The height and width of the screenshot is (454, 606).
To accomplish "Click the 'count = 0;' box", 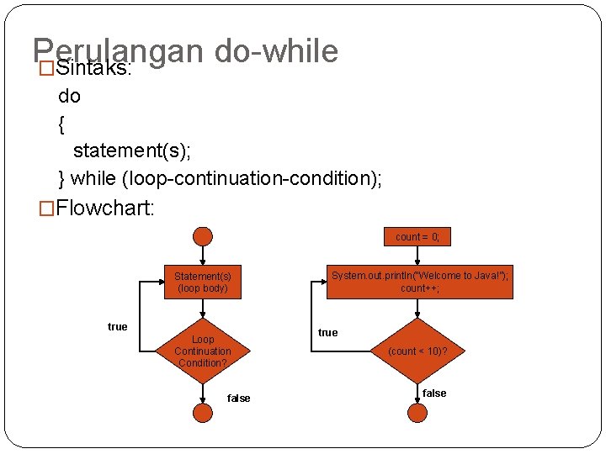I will pyautogui.click(x=417, y=237).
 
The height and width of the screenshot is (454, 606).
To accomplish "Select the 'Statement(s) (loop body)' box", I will pyautogui.click(x=203, y=282).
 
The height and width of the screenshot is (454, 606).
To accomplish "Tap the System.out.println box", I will pyautogui.click(x=419, y=282).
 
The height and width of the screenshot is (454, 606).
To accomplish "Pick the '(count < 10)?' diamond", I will pyautogui.click(x=418, y=351).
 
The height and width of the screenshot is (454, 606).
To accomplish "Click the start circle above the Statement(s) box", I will pyautogui.click(x=203, y=237).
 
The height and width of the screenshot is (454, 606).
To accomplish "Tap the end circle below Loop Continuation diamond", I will pyautogui.click(x=203, y=413).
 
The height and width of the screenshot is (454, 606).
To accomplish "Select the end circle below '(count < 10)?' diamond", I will pyautogui.click(x=418, y=413).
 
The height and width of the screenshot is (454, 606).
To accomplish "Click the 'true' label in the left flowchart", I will pyautogui.click(x=118, y=326).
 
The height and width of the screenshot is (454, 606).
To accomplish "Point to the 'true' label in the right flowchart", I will pyautogui.click(x=328, y=333).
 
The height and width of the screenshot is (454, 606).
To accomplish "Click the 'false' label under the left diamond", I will pyautogui.click(x=239, y=398).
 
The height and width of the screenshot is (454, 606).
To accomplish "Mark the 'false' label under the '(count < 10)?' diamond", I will pyautogui.click(x=434, y=393).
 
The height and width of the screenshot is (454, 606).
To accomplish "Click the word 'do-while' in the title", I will pyautogui.click(x=277, y=51).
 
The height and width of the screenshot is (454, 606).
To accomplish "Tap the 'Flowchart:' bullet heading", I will pyautogui.click(x=105, y=207).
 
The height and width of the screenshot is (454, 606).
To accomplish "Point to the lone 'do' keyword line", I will pyautogui.click(x=70, y=96).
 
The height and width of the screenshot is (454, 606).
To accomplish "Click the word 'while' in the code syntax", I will pyautogui.click(x=93, y=178).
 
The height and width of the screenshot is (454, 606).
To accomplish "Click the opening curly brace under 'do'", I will pyautogui.click(x=61, y=124).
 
